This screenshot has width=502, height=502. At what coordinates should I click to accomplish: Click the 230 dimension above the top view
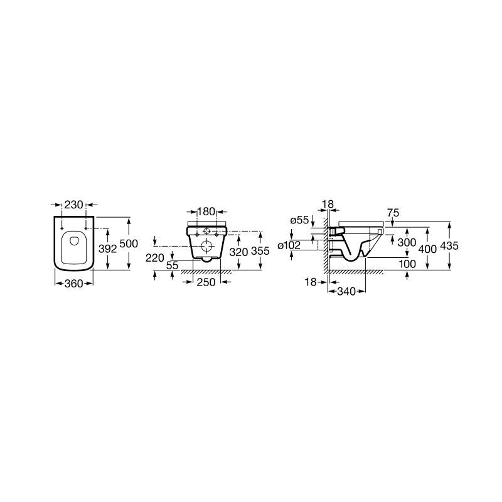(x=73, y=205)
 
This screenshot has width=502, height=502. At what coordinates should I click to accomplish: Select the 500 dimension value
(x=129, y=243)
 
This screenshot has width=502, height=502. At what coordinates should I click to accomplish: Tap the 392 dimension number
(x=107, y=248)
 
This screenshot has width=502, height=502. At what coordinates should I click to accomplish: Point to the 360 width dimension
(x=73, y=284)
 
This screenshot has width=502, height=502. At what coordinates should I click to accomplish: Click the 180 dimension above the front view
(x=206, y=211)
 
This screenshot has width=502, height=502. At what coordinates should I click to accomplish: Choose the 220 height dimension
(x=155, y=258)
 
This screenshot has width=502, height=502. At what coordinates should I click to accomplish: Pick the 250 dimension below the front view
(x=206, y=282)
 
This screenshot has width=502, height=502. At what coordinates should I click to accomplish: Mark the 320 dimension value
(x=239, y=252)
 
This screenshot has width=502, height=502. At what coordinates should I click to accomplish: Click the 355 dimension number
(x=260, y=251)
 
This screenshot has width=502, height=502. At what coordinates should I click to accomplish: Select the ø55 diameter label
(x=300, y=220)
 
